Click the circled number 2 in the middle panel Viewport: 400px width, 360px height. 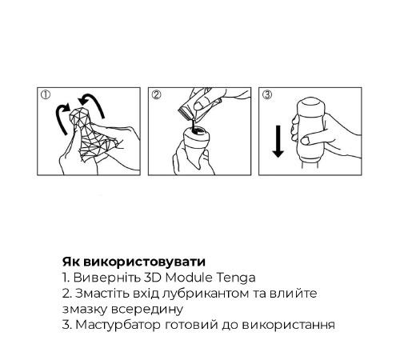coord(156,94)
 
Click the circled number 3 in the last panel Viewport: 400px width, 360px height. coord(266,94)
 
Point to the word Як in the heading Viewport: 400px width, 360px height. coord(71,262)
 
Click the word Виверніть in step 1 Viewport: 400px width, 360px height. coord(100,277)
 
